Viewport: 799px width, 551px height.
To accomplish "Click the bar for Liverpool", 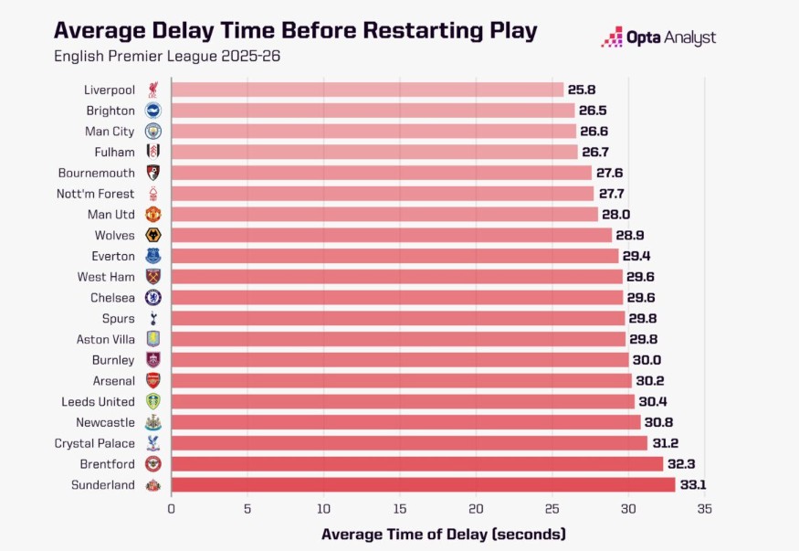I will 367,90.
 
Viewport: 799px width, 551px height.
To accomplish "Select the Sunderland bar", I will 423,485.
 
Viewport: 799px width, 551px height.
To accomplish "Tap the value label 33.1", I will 693,485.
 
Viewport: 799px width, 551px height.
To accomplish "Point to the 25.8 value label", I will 582,90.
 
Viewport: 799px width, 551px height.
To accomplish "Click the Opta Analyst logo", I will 658,37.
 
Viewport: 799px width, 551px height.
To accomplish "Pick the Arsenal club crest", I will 153,381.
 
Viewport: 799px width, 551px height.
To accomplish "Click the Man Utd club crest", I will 153,215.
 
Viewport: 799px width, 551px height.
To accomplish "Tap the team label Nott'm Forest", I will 96,194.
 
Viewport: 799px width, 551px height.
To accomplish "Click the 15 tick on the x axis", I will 323,509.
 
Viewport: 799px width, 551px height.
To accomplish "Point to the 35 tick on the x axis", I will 704,509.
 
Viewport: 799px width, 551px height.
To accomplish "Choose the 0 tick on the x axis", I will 171,509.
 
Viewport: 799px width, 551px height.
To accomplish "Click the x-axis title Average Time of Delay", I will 444,534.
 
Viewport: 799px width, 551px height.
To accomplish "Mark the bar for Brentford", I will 416,464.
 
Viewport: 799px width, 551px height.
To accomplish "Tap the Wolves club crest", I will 153,236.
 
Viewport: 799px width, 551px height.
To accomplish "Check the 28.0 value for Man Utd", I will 615,215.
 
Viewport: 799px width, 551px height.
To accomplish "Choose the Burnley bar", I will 400,360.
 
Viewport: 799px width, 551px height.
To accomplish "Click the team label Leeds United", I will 98,402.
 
